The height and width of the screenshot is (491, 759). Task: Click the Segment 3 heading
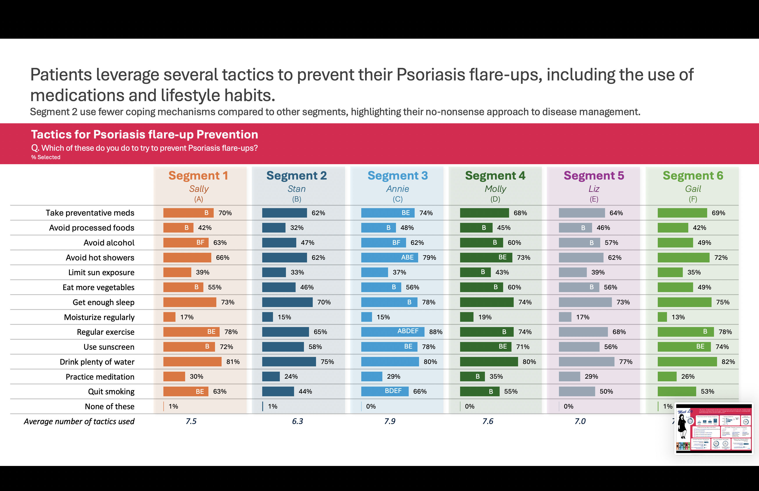398,176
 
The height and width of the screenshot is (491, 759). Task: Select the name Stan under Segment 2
296,189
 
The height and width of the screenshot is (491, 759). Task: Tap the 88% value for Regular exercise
436,332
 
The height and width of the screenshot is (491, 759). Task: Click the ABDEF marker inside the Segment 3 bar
408,331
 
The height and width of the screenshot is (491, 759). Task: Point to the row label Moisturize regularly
99,317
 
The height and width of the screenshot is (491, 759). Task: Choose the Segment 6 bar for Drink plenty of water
687,362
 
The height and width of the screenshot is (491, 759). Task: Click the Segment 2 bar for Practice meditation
271,376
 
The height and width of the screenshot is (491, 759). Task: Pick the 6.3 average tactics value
298,421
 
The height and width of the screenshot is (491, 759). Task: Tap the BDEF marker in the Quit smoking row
393,391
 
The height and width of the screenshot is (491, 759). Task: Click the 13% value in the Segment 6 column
678,317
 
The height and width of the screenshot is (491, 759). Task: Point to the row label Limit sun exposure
101,273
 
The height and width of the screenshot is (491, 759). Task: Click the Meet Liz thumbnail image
714,429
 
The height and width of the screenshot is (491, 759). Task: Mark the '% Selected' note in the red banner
46,157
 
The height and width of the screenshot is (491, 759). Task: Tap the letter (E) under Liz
594,199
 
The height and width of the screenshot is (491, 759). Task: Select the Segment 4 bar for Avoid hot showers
486,258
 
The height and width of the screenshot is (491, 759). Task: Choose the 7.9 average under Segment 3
390,421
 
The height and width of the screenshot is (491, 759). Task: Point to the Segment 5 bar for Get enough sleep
585,302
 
